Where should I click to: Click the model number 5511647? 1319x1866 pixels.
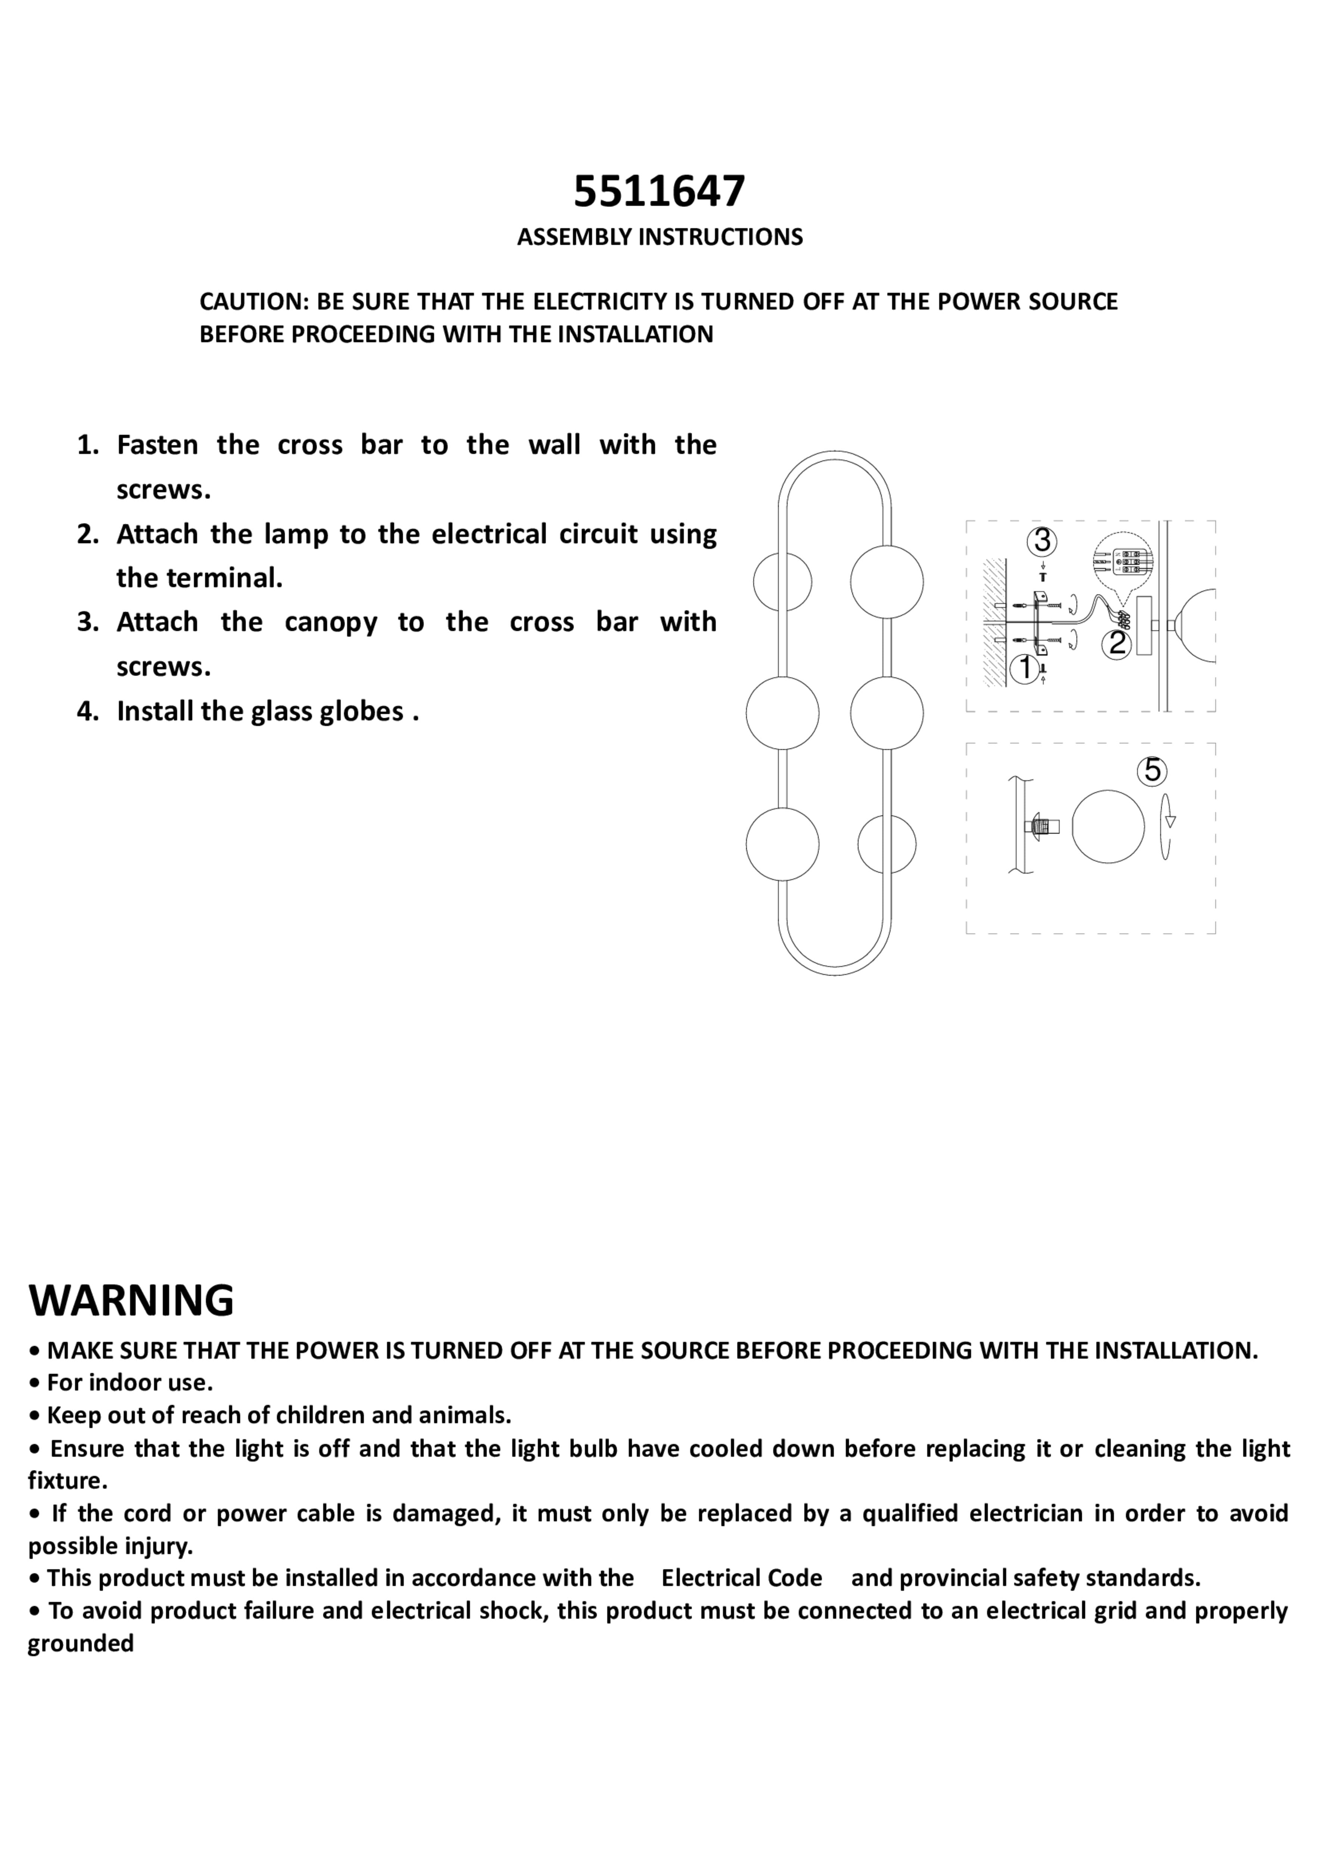[x=659, y=192]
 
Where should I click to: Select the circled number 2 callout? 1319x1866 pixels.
[x=1117, y=644]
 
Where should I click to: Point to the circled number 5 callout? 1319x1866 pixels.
[x=1153, y=770]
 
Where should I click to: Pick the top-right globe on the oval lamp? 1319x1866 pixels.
[x=887, y=581]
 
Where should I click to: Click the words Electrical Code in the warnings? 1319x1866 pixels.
[x=741, y=1578]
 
